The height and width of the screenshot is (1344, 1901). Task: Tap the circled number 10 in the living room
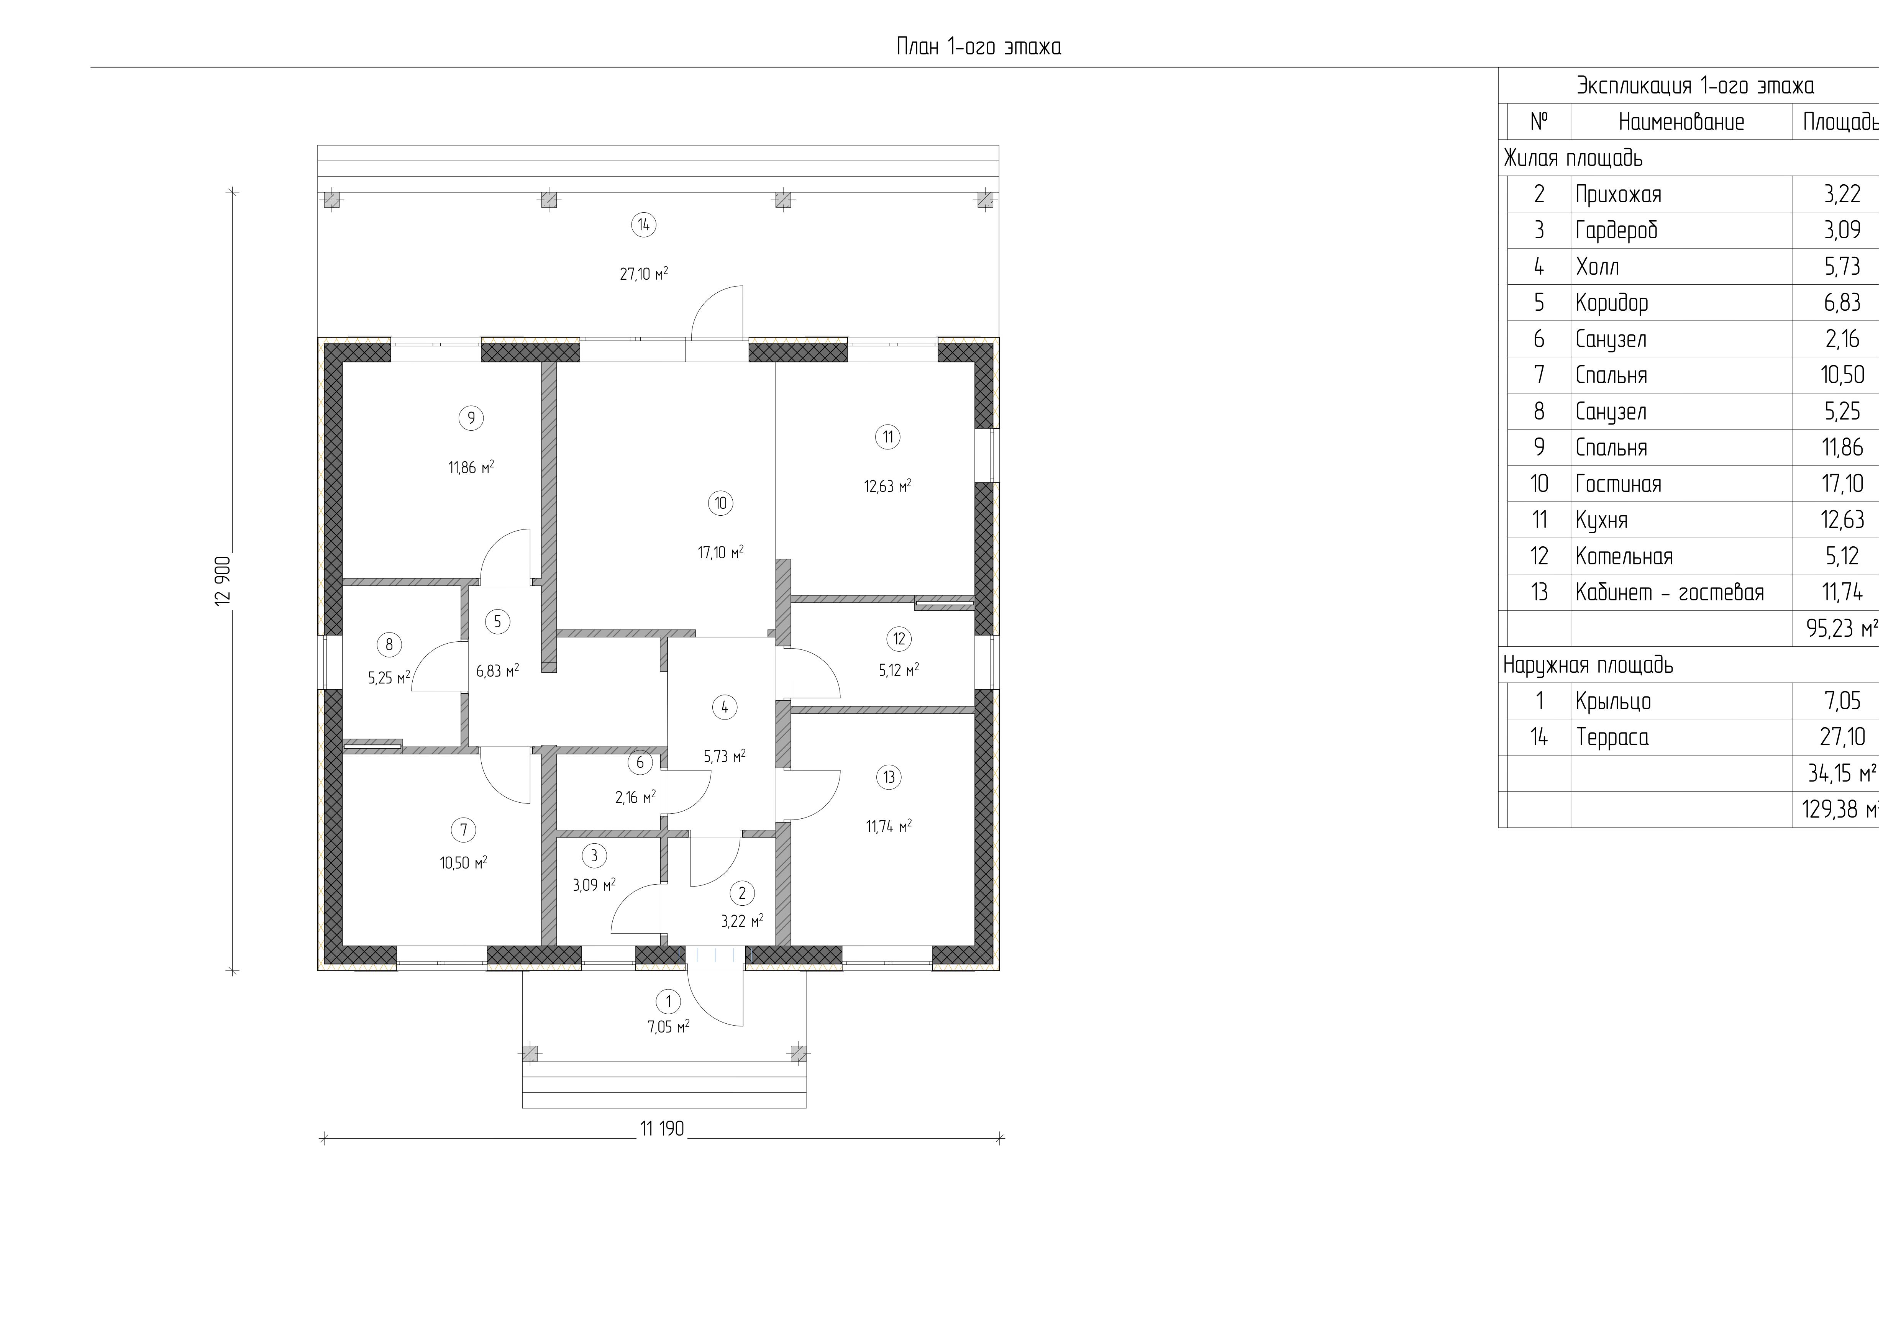coord(720,503)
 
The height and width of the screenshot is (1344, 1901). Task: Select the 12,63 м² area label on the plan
coord(887,486)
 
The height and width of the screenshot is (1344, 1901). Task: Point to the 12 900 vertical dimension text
coord(223,580)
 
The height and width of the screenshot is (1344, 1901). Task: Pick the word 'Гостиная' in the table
coord(1618,484)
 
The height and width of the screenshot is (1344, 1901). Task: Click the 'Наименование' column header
coord(1681,123)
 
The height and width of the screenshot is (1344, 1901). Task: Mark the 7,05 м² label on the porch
coord(668,1027)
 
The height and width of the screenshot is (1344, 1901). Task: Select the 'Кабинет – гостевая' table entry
coord(1669,593)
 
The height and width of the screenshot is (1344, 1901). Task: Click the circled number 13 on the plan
coord(888,777)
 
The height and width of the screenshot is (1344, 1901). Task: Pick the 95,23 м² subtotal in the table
coord(1841,629)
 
